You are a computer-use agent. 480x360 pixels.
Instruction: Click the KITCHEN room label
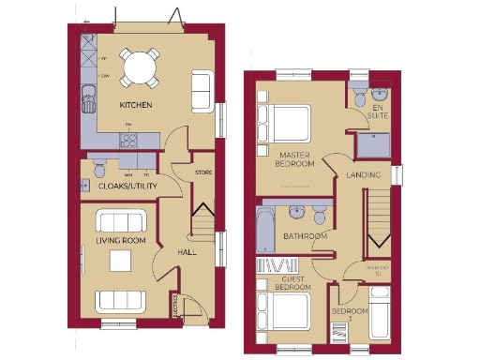(x=136, y=104)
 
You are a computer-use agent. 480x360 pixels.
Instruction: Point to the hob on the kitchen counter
(x=130, y=141)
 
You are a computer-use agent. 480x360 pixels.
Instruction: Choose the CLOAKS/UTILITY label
(x=127, y=186)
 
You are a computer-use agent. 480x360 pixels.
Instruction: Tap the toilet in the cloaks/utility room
(x=100, y=170)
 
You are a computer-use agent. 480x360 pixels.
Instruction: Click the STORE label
(x=203, y=172)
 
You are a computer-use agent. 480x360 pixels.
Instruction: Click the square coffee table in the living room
(x=121, y=262)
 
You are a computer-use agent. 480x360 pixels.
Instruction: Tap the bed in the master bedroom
(x=284, y=123)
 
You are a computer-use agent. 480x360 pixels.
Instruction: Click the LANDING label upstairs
(x=363, y=175)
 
